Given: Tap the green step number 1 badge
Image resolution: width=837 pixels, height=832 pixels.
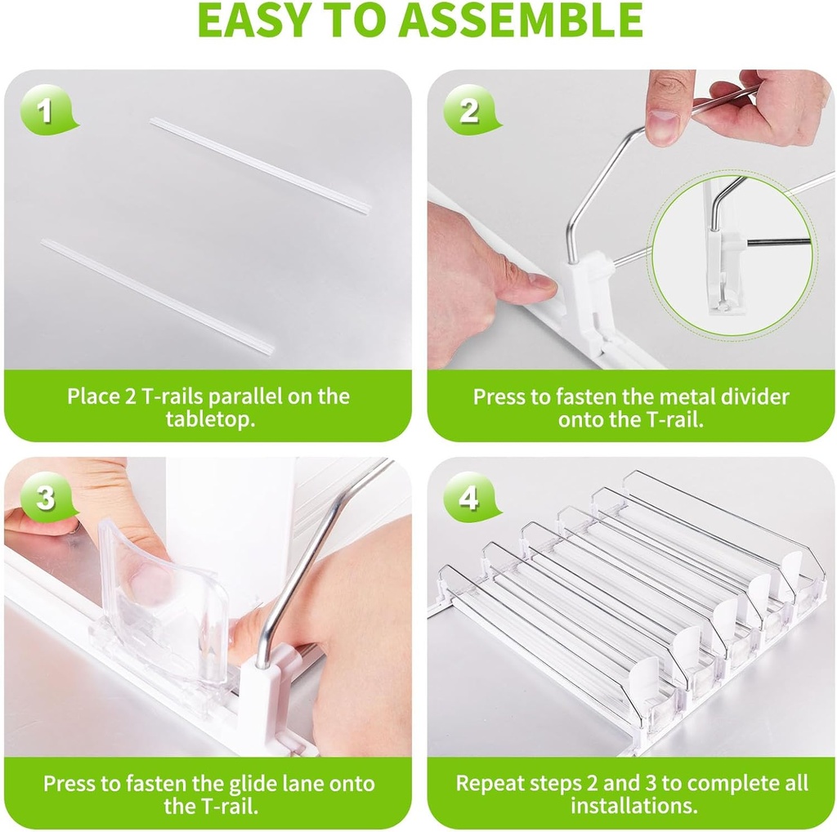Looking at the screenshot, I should [x=46, y=110].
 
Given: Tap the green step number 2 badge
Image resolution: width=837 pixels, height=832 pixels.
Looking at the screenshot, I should [x=468, y=110].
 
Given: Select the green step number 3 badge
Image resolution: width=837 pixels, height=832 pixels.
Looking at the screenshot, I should [x=46, y=497].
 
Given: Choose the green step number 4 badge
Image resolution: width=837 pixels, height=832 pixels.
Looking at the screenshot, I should [x=468, y=497].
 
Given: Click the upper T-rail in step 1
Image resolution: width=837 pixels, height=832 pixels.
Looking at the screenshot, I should [x=259, y=164].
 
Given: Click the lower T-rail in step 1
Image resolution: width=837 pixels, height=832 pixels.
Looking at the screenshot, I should [x=158, y=296].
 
